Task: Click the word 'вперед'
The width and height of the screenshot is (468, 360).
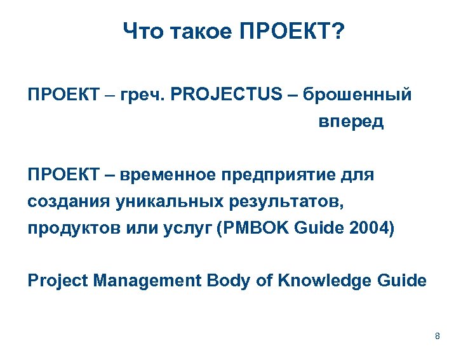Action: pos(351,121)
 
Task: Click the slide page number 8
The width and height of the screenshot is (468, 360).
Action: pos(438,336)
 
